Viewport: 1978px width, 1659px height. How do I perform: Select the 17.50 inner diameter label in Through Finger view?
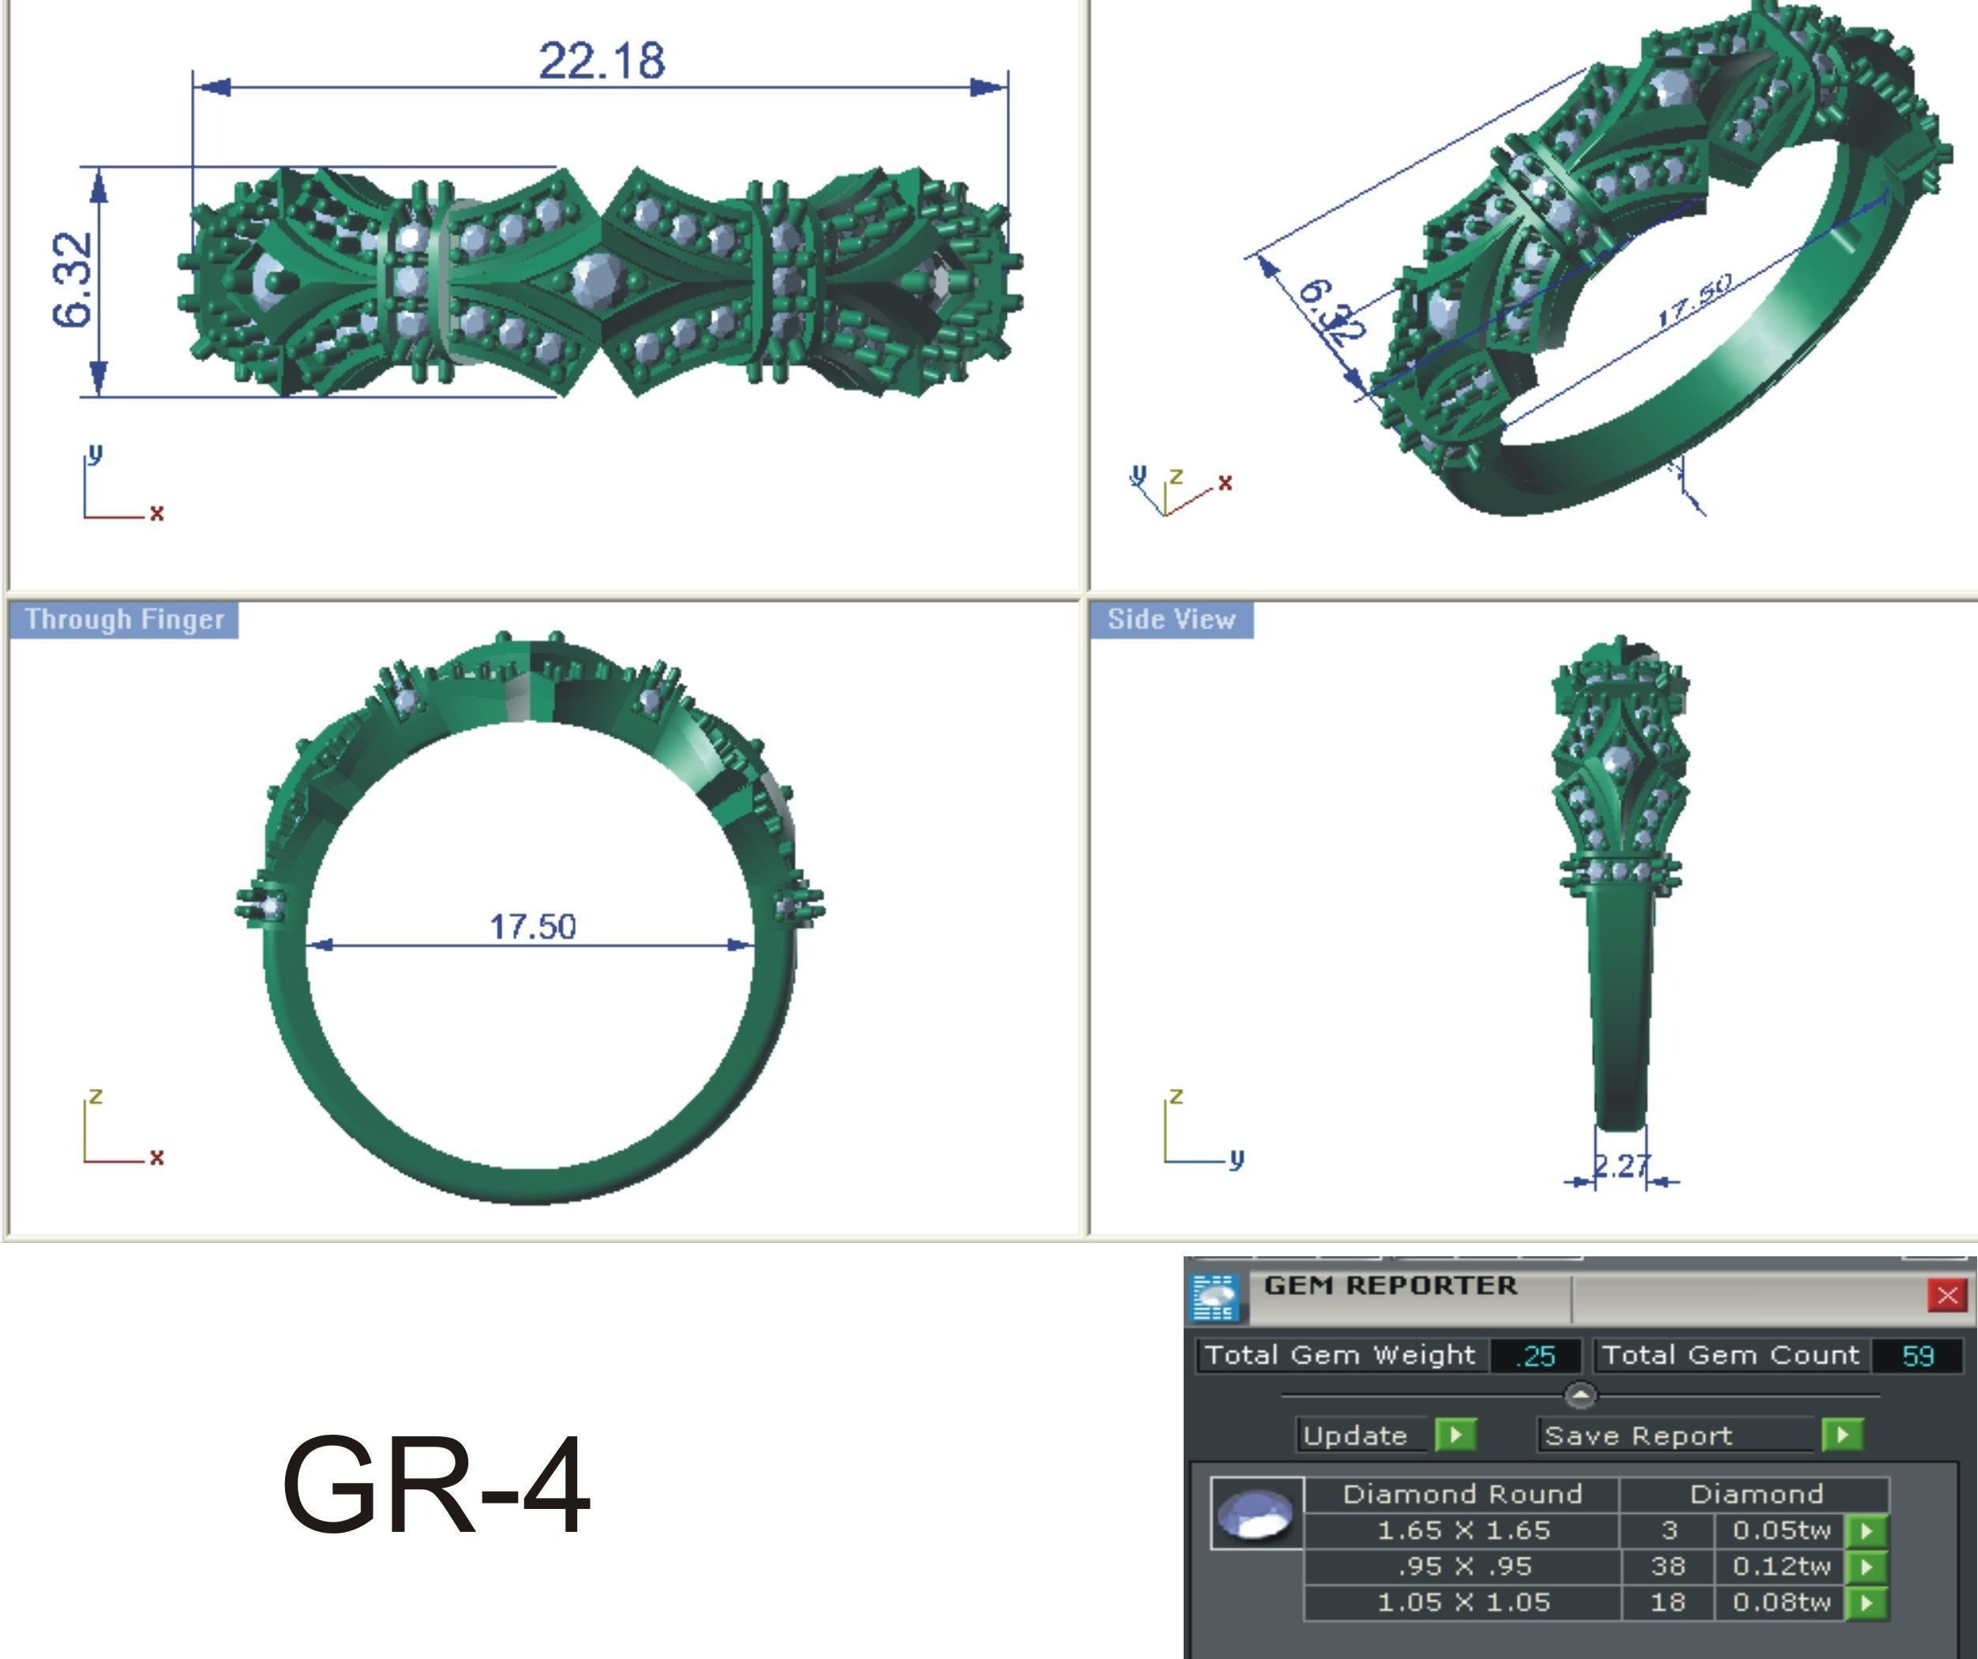pyautogui.click(x=532, y=926)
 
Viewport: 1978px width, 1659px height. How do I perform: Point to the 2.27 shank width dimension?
pyautogui.click(x=1621, y=1166)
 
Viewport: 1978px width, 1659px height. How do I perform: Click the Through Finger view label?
pyautogui.click(x=123, y=619)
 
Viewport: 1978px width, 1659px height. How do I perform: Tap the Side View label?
pyautogui.click(x=1171, y=619)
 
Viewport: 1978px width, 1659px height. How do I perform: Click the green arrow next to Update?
pyautogui.click(x=1455, y=1435)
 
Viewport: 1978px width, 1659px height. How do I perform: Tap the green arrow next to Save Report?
pyautogui.click(x=1842, y=1435)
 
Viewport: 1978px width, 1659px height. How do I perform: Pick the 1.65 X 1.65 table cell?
pyautogui.click(x=1463, y=1530)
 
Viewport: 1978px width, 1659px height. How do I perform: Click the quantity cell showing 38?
pyautogui.click(x=1667, y=1566)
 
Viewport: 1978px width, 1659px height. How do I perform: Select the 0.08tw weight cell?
pyautogui.click(x=1780, y=1601)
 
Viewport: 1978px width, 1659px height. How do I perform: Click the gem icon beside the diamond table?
pyautogui.click(x=1255, y=1513)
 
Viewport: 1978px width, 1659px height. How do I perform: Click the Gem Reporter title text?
pyautogui.click(x=1389, y=1285)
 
